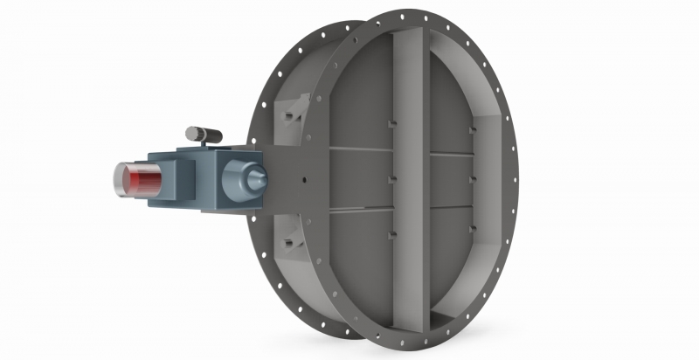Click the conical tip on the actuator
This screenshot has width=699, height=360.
(260, 178)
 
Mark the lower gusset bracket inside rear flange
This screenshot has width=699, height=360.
(287, 243)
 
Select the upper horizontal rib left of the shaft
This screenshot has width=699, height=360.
(358, 150)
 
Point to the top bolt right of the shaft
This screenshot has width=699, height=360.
(472, 131)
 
